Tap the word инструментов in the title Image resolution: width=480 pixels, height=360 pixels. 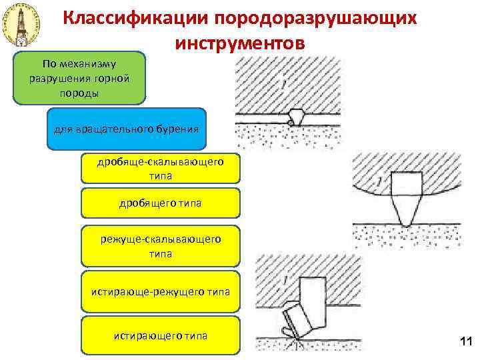(240, 43)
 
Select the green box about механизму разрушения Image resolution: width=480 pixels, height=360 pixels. (79, 79)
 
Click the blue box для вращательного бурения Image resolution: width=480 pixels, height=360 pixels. (127, 127)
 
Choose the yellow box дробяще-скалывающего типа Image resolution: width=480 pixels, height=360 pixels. (160, 169)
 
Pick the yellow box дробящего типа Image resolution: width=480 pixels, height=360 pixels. (160, 203)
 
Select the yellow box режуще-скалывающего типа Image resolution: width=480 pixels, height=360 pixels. (160, 246)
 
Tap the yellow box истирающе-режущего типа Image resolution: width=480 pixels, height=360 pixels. (160, 291)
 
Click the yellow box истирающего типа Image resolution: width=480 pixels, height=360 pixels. (160, 335)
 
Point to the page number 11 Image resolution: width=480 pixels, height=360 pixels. (465, 342)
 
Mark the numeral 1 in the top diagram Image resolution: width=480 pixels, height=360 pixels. (284, 85)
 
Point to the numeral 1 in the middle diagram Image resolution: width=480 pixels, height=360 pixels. (379, 181)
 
